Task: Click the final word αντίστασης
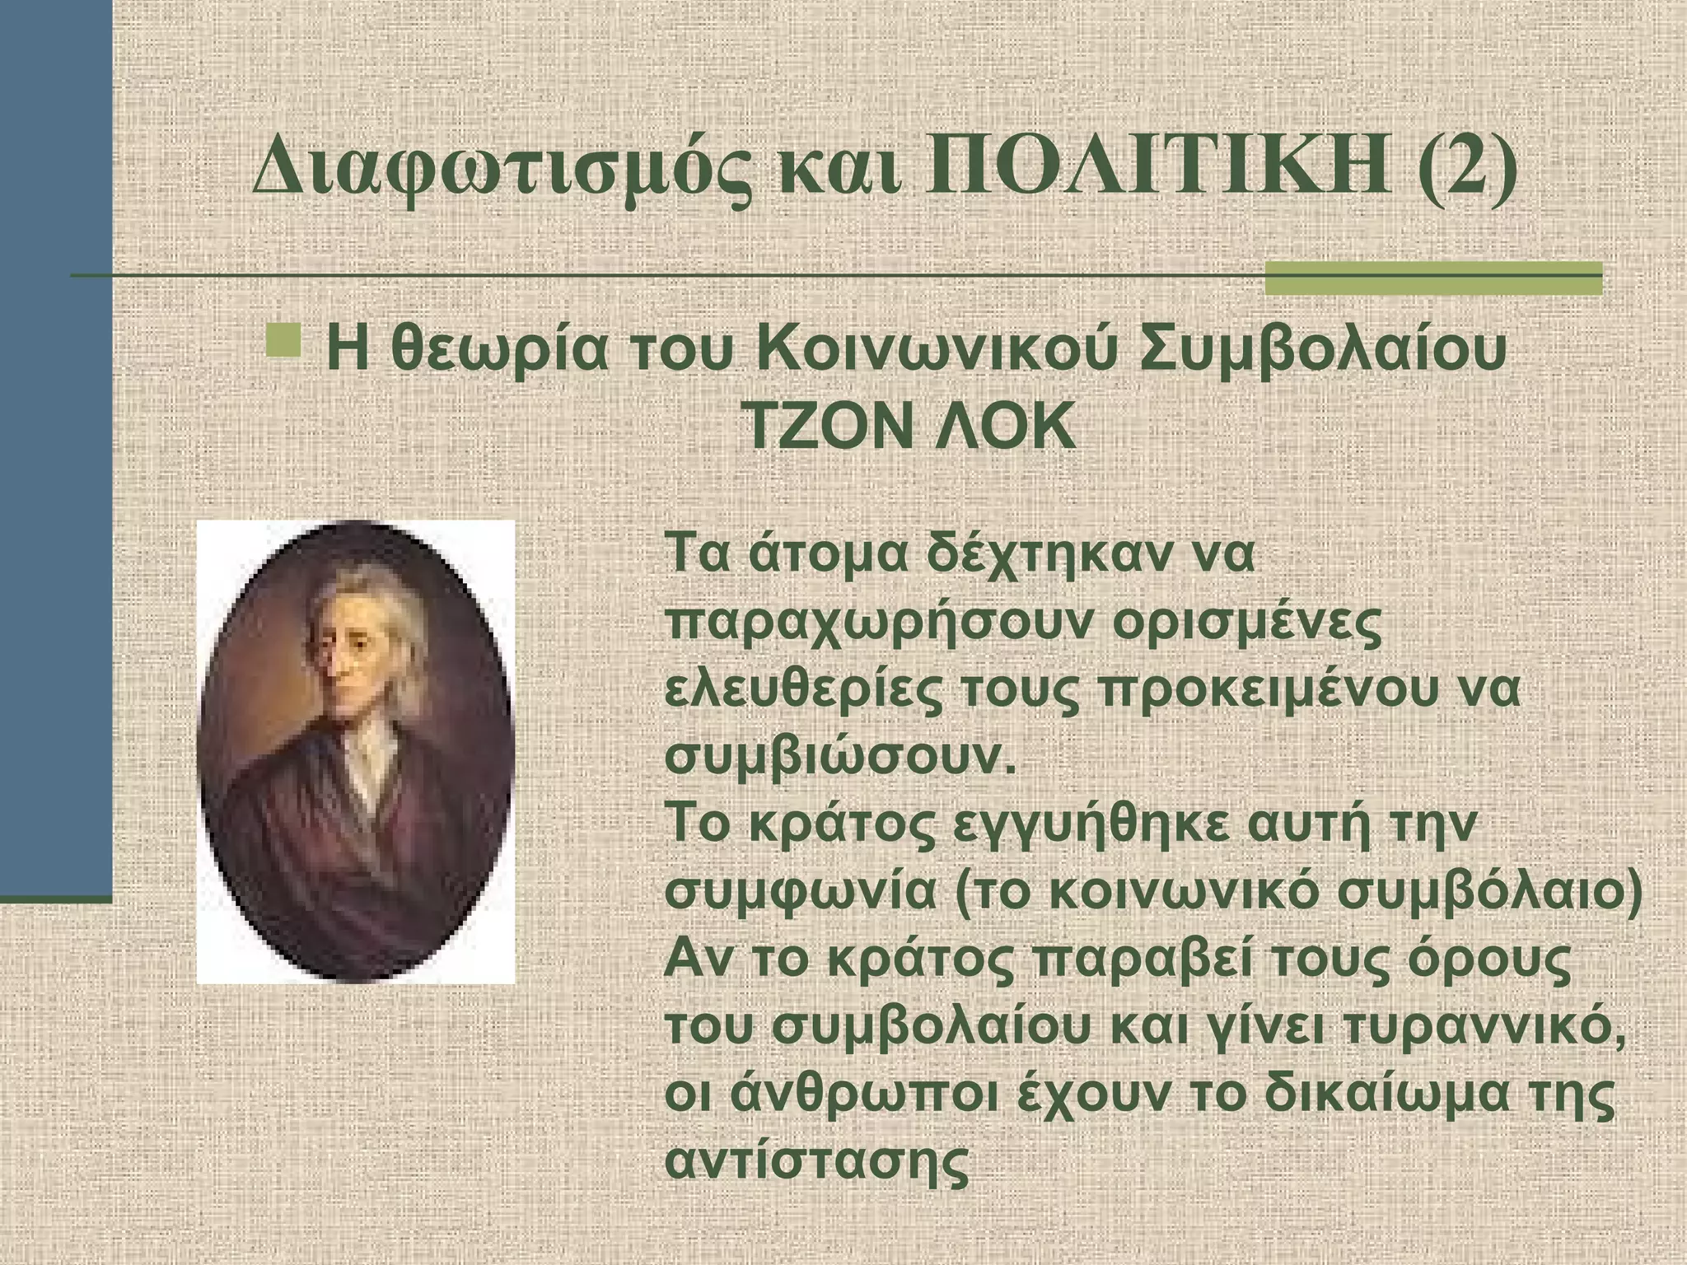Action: click(x=815, y=1162)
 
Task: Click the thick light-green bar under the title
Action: click(x=1432, y=278)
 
